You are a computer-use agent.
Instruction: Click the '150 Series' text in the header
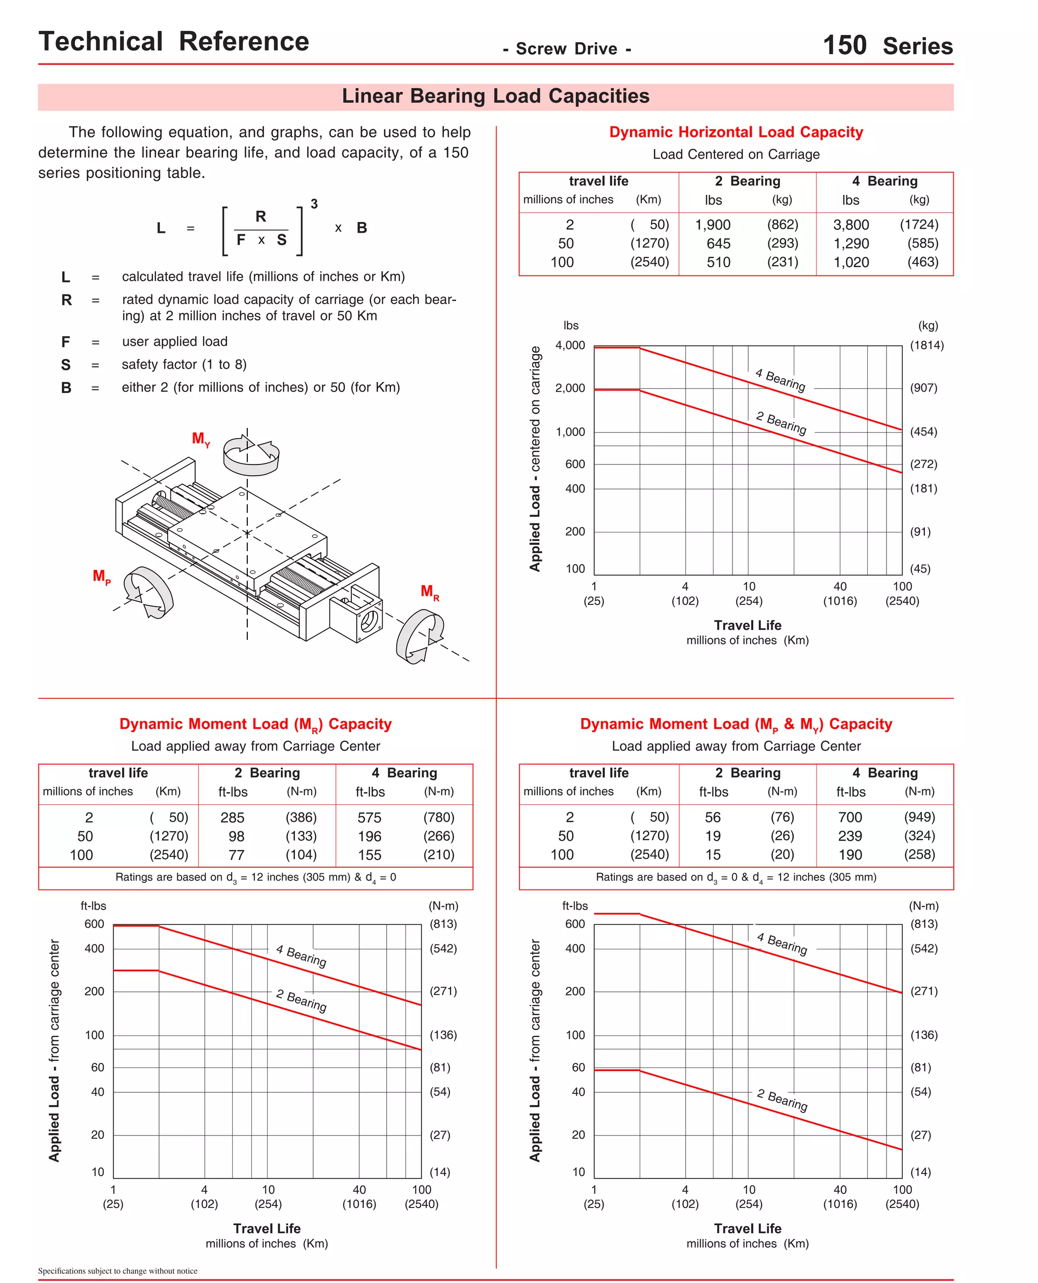coord(887,46)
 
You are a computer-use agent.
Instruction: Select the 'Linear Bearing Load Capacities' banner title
coord(495,96)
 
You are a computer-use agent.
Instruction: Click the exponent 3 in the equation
coord(314,204)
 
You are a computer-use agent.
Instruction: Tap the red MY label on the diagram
coord(200,439)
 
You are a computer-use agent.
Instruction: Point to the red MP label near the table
coord(101,577)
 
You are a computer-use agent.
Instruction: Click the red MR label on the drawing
coord(429,592)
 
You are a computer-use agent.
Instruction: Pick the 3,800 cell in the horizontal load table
coord(851,225)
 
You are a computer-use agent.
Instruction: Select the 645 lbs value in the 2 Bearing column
coord(718,243)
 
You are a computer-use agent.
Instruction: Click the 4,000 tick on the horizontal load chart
coord(570,345)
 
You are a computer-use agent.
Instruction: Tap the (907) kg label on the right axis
coord(923,387)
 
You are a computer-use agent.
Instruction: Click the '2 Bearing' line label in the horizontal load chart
coord(781,423)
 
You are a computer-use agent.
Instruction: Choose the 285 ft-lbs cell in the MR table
coord(232,817)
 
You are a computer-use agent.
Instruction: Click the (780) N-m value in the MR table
coord(438,817)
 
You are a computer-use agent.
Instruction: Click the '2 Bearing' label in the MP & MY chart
coord(782,1099)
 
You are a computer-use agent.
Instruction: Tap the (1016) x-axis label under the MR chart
coord(359,1204)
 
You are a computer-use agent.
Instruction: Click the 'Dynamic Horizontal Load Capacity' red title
coord(735,132)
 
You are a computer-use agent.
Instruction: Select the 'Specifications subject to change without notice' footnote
coord(118,1271)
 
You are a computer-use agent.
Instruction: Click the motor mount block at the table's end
coord(356,616)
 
